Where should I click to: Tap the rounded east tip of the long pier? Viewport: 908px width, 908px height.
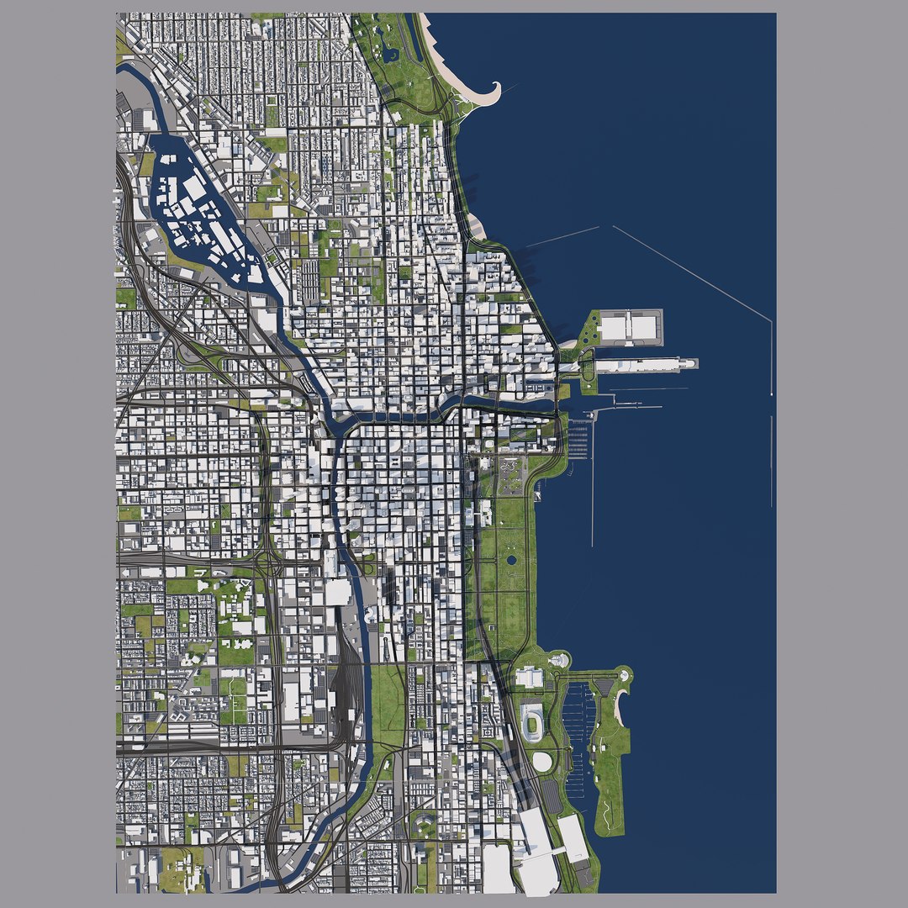tap(692, 363)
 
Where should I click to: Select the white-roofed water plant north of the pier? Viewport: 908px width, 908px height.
tap(630, 327)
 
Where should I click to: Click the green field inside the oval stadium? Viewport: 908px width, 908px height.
tap(533, 721)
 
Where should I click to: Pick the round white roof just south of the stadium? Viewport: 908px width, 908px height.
tap(542, 762)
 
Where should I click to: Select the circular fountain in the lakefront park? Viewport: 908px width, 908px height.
tap(510, 559)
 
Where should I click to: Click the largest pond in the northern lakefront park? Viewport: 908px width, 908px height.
tap(389, 54)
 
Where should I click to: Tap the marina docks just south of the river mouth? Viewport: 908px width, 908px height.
tap(578, 441)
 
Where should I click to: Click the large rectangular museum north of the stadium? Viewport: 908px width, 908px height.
tap(530, 677)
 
